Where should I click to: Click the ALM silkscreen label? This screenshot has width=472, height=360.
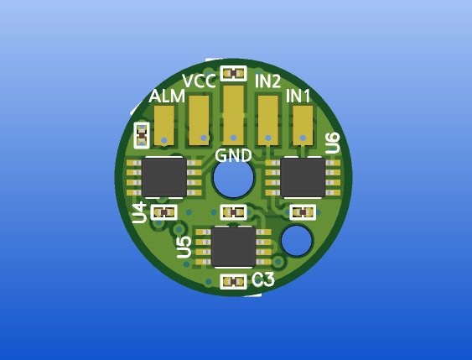pyautogui.click(x=167, y=97)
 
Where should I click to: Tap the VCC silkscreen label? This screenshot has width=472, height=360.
pyautogui.click(x=200, y=81)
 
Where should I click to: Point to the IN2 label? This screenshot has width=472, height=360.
pyautogui.click(x=268, y=81)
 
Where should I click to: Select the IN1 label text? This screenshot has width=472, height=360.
pyautogui.click(x=298, y=97)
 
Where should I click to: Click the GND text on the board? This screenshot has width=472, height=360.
pyautogui.click(x=233, y=156)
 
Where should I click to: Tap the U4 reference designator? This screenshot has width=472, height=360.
pyautogui.click(x=140, y=213)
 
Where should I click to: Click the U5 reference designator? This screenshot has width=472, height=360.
pyautogui.click(x=184, y=248)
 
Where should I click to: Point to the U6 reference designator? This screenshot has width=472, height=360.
pyautogui.click(x=333, y=143)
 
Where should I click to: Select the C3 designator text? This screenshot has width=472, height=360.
pyautogui.click(x=263, y=280)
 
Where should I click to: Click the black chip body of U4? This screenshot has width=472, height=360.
pyautogui.click(x=164, y=178)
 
